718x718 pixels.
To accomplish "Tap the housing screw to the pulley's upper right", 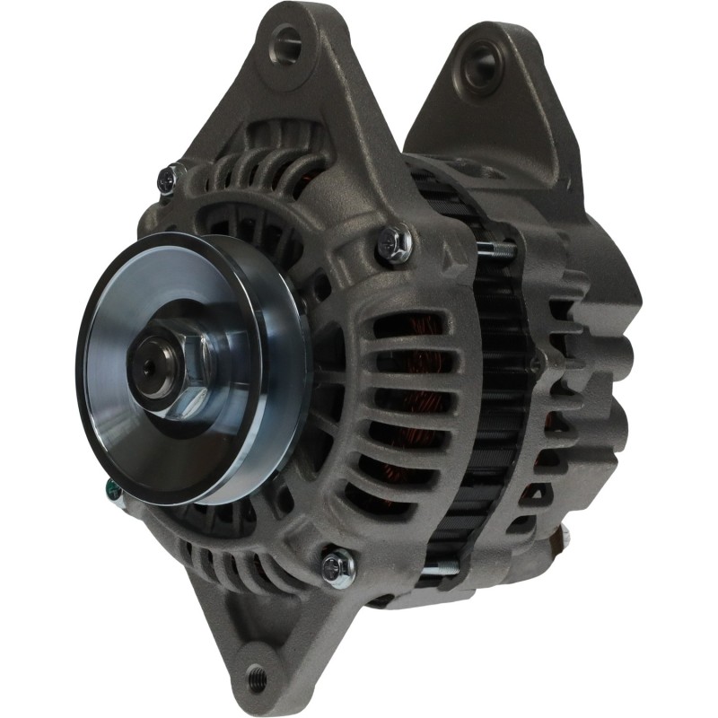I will click(393, 240).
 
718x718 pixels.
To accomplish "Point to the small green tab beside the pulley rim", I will click(109, 488).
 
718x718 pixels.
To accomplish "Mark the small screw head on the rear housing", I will click(536, 363).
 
